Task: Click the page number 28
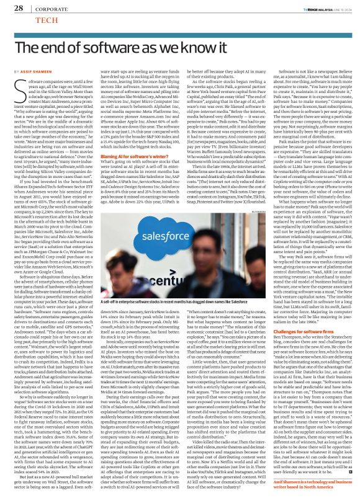(19, 8)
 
